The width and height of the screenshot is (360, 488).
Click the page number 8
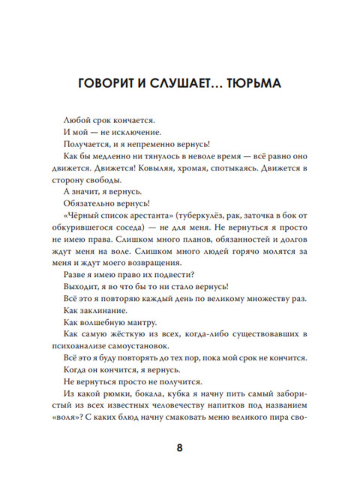[x=179, y=449]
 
